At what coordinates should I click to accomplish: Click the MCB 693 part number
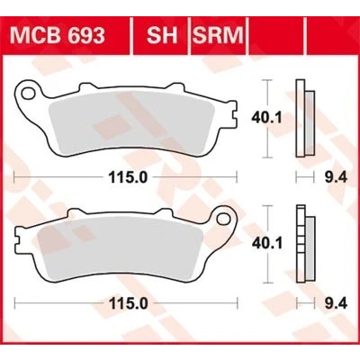click(x=58, y=36)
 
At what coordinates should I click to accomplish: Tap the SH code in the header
click(x=162, y=36)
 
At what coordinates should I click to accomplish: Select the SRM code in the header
click(x=218, y=36)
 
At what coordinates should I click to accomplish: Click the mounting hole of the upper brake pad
click(x=28, y=93)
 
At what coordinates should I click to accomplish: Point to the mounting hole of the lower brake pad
click(x=223, y=218)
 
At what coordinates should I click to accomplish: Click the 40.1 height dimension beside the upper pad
click(x=266, y=118)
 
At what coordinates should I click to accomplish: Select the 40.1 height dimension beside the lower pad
click(x=266, y=244)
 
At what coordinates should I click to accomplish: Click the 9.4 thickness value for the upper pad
click(x=336, y=178)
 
